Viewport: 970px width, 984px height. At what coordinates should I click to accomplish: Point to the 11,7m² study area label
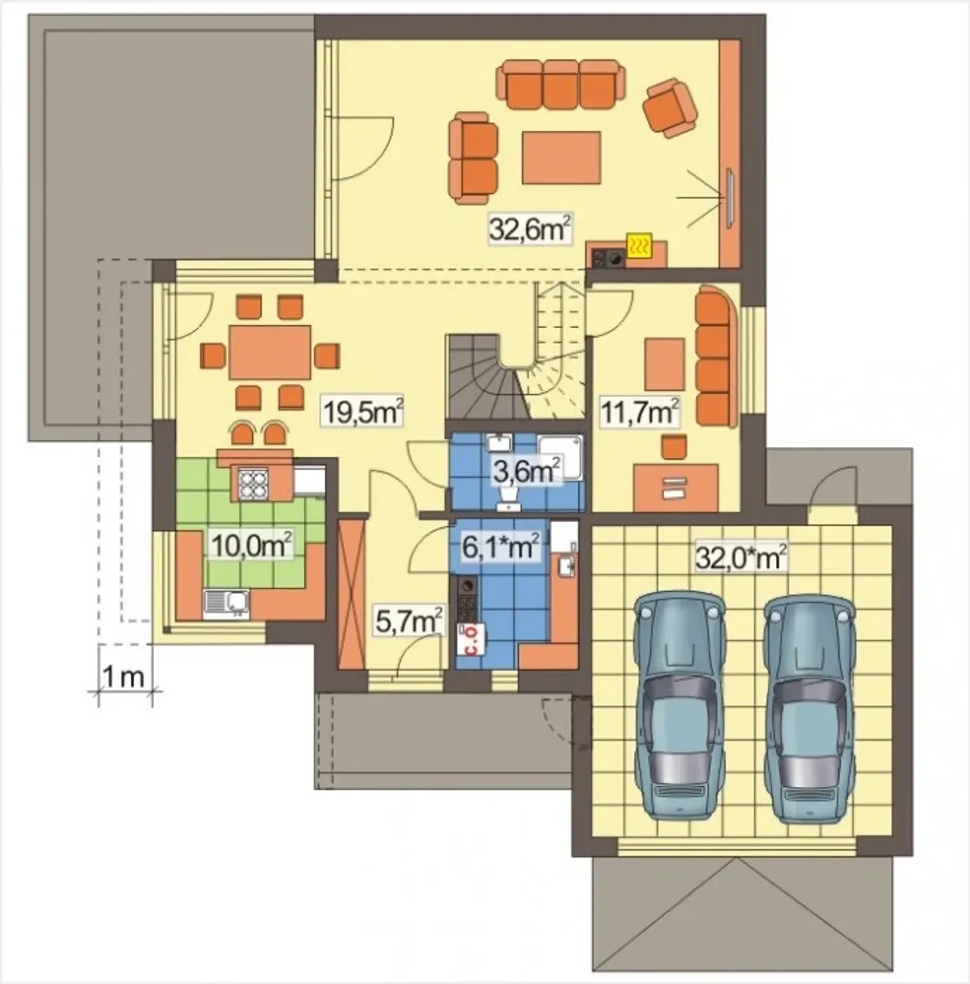[x=640, y=413]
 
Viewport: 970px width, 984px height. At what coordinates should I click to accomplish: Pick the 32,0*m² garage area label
[x=740, y=558]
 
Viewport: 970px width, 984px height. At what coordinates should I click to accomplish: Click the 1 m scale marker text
[x=124, y=678]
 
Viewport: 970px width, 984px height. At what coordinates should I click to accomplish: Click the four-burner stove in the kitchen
[x=253, y=483]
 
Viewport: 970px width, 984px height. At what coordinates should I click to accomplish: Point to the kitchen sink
[x=227, y=604]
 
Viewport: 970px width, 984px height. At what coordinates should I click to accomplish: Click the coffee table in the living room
[x=561, y=157]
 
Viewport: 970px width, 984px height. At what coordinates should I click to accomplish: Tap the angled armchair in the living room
[x=670, y=108]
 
